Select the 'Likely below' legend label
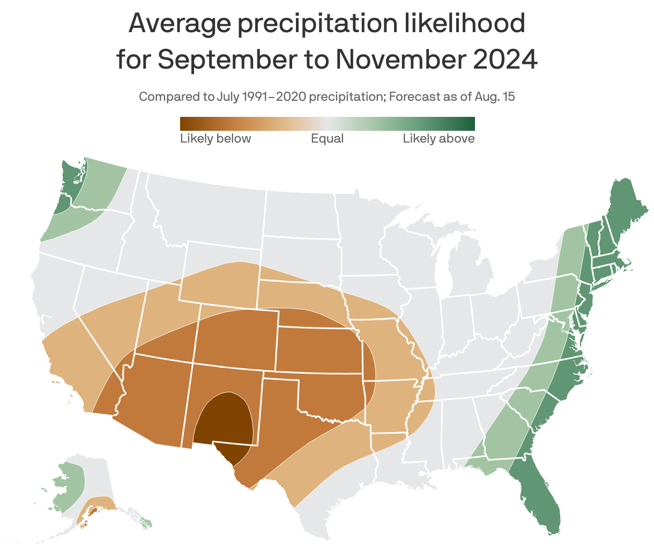click(215, 139)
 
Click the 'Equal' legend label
click(327, 139)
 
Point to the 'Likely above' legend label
click(439, 139)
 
